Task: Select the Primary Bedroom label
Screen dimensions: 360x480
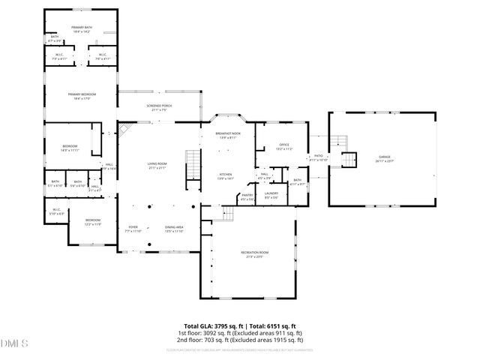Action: click(79, 95)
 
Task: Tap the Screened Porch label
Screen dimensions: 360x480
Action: click(158, 106)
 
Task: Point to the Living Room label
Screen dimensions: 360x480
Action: click(156, 165)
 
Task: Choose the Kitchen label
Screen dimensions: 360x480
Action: click(226, 175)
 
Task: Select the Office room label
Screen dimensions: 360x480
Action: click(284, 146)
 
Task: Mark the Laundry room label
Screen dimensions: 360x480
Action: click(271, 195)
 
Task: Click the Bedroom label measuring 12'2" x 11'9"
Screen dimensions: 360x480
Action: click(92, 222)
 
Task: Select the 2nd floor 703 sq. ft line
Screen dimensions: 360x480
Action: click(240, 340)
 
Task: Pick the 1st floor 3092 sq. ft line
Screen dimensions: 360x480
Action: click(240, 333)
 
